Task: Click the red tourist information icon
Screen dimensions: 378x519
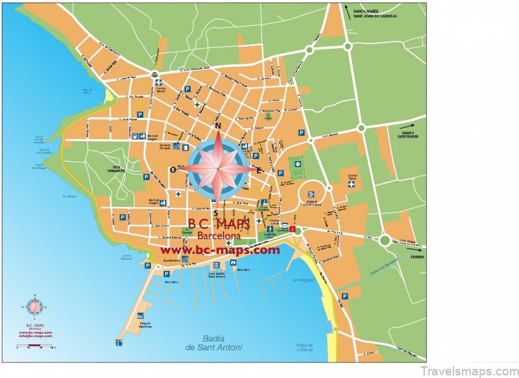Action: point(293,229)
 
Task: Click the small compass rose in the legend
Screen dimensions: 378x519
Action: point(34,306)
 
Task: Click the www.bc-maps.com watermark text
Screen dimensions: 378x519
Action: point(220,250)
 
